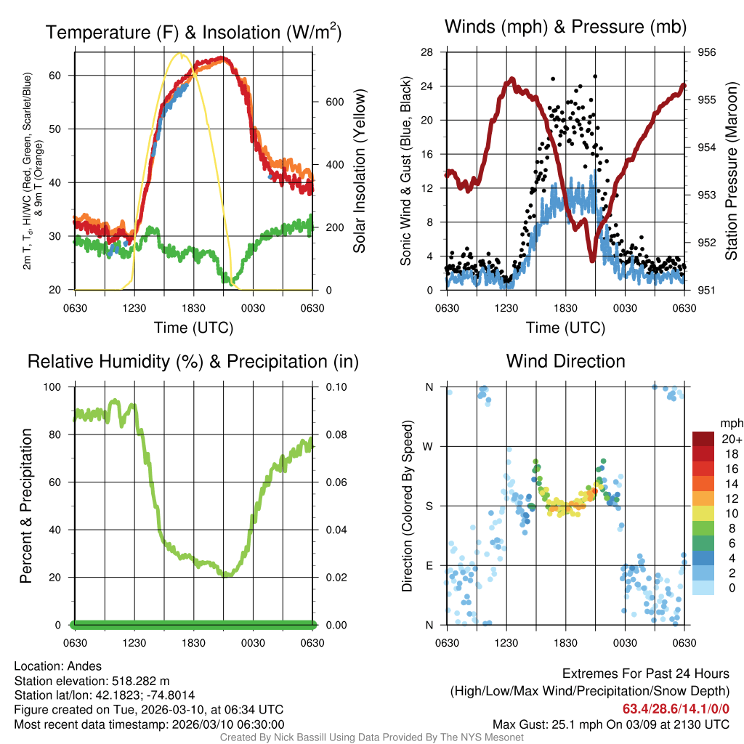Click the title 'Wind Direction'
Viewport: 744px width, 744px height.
point(565,361)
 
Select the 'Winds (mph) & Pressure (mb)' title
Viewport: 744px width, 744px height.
point(565,28)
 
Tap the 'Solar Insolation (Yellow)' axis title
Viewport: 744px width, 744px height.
point(359,171)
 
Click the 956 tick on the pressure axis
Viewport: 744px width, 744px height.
point(707,52)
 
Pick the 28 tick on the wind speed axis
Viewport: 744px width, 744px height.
point(427,52)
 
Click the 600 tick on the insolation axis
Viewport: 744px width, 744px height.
point(334,102)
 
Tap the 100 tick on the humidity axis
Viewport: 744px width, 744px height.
point(55,387)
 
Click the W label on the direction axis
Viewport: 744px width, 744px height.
point(429,446)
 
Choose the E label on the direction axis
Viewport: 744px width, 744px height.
point(429,565)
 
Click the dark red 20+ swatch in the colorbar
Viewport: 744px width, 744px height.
point(703,439)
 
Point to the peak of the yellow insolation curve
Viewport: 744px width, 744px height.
point(178,53)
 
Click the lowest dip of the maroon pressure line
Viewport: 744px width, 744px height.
point(592,259)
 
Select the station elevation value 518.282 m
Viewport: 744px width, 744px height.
point(140,681)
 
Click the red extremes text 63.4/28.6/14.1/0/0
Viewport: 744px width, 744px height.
point(676,708)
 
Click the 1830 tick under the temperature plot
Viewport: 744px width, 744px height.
point(195,308)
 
